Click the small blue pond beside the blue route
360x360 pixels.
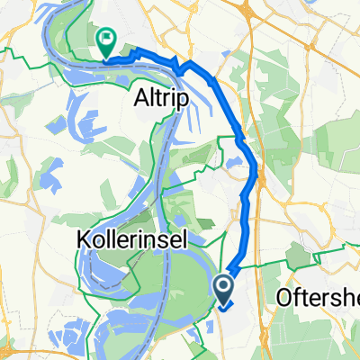[234, 163]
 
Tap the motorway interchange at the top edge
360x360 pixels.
[244, 7]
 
